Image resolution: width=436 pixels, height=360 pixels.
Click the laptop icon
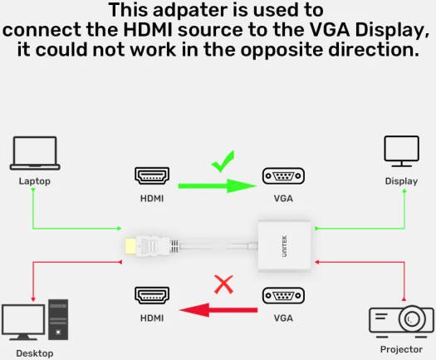tap(35, 153)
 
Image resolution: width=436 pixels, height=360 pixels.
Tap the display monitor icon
tap(401, 151)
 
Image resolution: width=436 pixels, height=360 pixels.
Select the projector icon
tap(401, 322)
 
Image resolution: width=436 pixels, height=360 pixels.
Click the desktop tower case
tap(58, 319)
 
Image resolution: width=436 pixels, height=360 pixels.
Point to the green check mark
tap(223, 161)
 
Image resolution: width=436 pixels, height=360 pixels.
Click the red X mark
tap(224, 284)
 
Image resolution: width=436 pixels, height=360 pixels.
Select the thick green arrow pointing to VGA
tap(218, 185)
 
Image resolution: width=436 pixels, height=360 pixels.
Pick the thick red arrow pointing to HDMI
tap(218, 310)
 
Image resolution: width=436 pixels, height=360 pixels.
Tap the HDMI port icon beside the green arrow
tap(152, 175)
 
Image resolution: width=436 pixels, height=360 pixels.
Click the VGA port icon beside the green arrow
tap(283, 176)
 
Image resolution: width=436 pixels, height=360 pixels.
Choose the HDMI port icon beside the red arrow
tap(152, 295)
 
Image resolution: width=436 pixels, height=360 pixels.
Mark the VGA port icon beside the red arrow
tap(283, 295)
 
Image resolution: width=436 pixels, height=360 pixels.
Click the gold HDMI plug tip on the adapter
tap(130, 246)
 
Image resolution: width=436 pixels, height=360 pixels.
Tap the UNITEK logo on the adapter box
tap(285, 246)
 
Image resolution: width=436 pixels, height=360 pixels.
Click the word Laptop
tap(35, 181)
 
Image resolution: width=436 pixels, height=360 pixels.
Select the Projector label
tap(401, 349)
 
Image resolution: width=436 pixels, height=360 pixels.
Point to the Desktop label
tap(35, 353)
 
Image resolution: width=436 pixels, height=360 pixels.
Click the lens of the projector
tap(412, 318)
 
